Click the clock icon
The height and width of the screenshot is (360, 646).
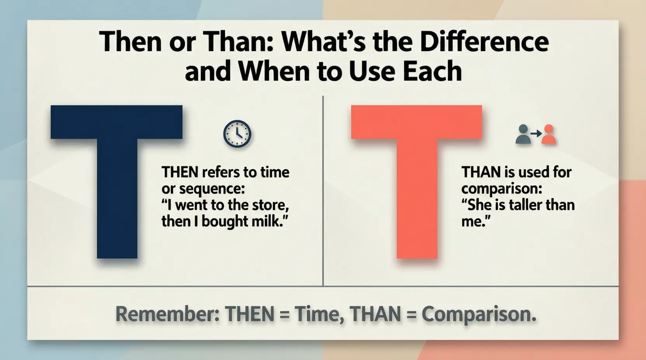pyautogui.click(x=237, y=134)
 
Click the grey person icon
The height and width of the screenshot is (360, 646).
pyautogui.click(x=523, y=135)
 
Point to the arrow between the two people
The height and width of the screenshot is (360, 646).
pyautogui.click(x=536, y=133)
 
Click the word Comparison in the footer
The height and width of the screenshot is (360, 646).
pyautogui.click(x=478, y=315)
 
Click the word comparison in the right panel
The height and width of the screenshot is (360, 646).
pyautogui.click(x=501, y=189)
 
